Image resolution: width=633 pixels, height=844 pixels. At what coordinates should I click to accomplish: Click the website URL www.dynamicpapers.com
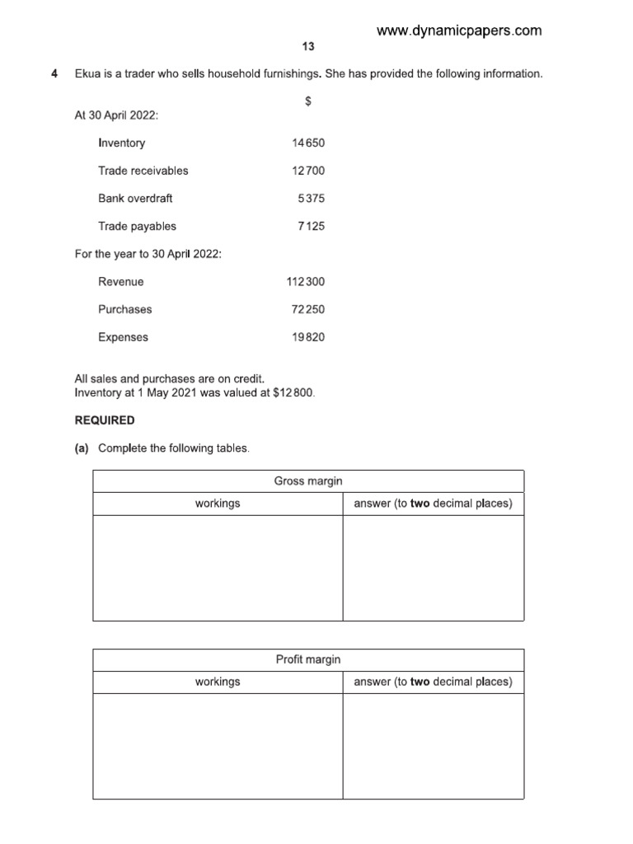point(459,30)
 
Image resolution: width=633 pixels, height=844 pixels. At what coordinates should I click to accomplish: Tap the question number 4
point(54,74)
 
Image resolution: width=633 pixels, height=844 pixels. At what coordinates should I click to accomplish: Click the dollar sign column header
point(308,101)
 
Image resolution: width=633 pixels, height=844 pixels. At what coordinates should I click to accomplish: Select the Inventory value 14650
point(308,143)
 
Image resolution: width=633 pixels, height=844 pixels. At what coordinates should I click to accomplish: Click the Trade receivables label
point(143,171)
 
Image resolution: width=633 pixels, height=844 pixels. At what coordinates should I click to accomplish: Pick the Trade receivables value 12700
point(308,171)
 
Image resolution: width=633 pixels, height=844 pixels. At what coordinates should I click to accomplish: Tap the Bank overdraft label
point(135,199)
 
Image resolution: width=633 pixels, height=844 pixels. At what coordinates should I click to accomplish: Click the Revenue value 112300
point(306,282)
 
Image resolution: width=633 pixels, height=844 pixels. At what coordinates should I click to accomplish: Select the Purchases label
point(124,309)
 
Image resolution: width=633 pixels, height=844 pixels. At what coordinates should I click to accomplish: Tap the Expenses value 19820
point(308,337)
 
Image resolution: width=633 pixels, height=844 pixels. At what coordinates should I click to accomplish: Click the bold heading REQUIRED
point(105,420)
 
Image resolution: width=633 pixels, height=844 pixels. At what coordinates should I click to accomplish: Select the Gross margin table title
point(307,481)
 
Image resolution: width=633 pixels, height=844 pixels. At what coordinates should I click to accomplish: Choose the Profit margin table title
point(307,659)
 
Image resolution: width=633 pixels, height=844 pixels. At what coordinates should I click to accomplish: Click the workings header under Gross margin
point(218,504)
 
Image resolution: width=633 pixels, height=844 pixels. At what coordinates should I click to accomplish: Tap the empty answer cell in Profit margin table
point(433,746)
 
